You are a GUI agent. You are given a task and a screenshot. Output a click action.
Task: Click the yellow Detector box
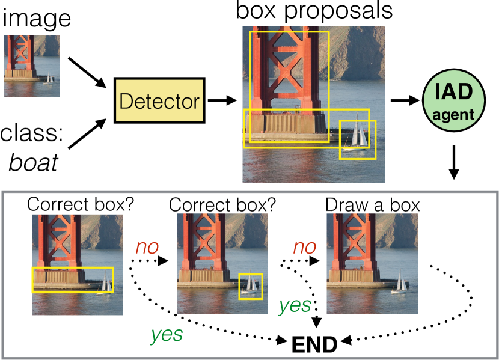coord(159,101)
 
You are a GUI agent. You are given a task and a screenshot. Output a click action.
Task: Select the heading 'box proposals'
coord(314,11)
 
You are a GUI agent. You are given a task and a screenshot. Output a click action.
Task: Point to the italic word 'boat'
coord(33,162)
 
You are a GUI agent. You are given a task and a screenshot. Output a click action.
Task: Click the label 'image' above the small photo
coord(37,19)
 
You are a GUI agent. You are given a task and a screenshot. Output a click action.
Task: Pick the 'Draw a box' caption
coord(372,204)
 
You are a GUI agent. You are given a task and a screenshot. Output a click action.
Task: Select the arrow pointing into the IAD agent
coord(406,100)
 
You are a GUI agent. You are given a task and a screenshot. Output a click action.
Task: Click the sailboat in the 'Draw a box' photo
coord(398,284)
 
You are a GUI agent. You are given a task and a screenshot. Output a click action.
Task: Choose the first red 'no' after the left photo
coord(147,247)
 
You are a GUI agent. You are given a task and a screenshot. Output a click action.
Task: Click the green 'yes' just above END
coord(294,306)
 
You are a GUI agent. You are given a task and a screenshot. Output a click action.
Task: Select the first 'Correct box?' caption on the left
coord(80,204)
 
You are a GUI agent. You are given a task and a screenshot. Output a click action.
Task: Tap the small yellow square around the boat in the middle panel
coord(250,286)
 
